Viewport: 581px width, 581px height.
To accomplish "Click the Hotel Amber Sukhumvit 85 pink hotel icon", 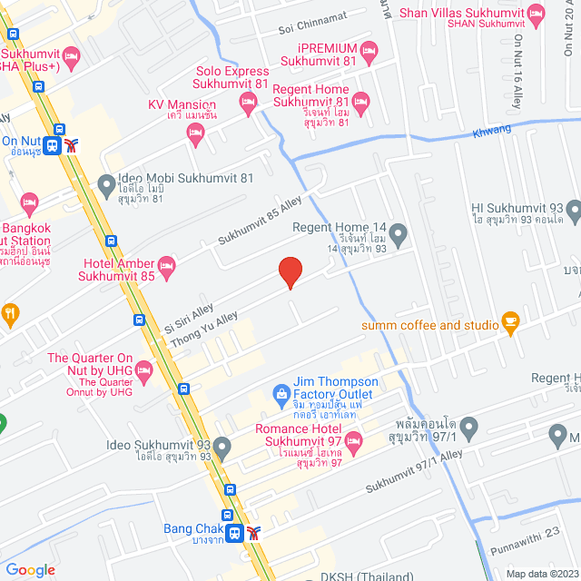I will [x=165, y=266].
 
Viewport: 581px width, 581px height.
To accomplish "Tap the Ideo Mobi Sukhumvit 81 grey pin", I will [x=107, y=185].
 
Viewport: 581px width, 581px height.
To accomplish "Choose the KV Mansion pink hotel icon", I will [x=194, y=133].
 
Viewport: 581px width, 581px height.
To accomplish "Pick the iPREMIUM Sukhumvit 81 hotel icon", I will [x=368, y=49].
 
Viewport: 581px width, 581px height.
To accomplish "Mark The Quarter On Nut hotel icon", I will [x=143, y=369].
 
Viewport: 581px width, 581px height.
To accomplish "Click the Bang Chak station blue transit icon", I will [x=234, y=533].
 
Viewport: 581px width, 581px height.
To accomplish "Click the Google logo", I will [x=30, y=569].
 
